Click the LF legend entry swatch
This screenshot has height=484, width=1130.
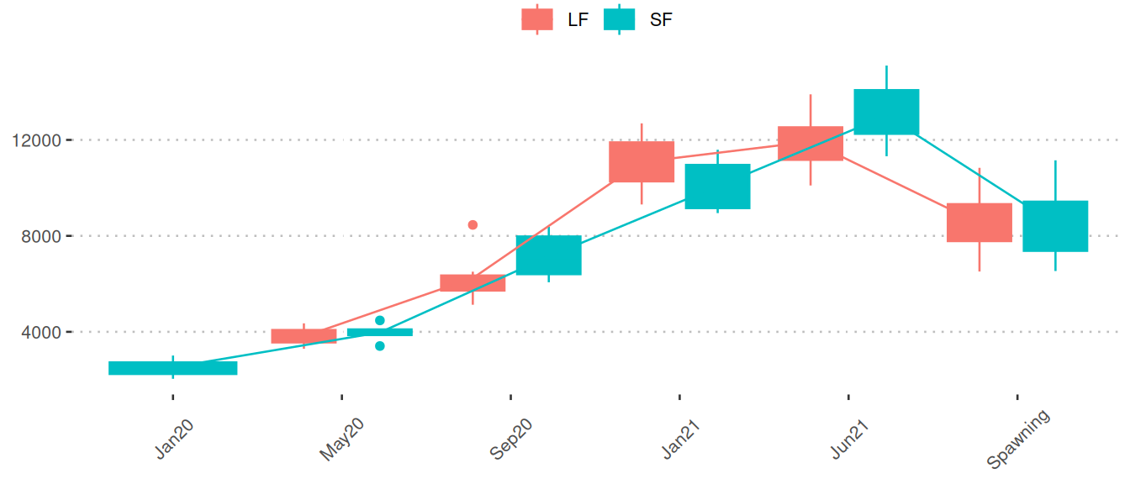pyautogui.click(x=537, y=19)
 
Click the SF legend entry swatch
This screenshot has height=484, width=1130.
pyautogui.click(x=620, y=19)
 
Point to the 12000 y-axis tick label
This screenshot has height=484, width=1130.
pyautogui.click(x=37, y=140)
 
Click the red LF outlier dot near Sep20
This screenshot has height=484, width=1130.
pyautogui.click(x=473, y=224)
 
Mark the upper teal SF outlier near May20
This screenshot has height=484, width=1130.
pyautogui.click(x=380, y=320)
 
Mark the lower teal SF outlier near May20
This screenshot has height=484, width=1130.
pyautogui.click(x=380, y=345)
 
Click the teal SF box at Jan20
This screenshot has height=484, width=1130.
pyautogui.click(x=173, y=368)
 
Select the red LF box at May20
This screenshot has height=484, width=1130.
pyautogui.click(x=304, y=336)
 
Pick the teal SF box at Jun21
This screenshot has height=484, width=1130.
pyautogui.click(x=886, y=112)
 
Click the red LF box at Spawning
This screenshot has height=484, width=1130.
pyautogui.click(x=980, y=223)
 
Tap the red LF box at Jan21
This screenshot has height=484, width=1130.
pyautogui.click(x=642, y=161)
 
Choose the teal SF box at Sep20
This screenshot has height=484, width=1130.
pyautogui.click(x=549, y=255)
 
